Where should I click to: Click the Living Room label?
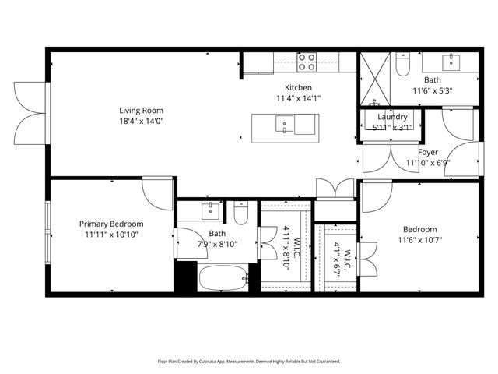pyautogui.click(x=141, y=111)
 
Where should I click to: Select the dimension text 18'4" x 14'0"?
pyautogui.click(x=141, y=122)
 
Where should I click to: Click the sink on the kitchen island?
pyautogui.click(x=286, y=124)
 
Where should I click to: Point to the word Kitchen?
pyautogui.click(x=298, y=87)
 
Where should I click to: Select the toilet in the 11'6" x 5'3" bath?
pyautogui.click(x=402, y=68)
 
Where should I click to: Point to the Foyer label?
pyautogui.click(x=428, y=152)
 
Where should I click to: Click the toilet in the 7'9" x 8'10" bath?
pyautogui.click(x=241, y=213)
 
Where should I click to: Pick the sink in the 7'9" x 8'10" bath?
pyautogui.click(x=210, y=210)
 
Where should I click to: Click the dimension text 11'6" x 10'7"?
pyautogui.click(x=419, y=240)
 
